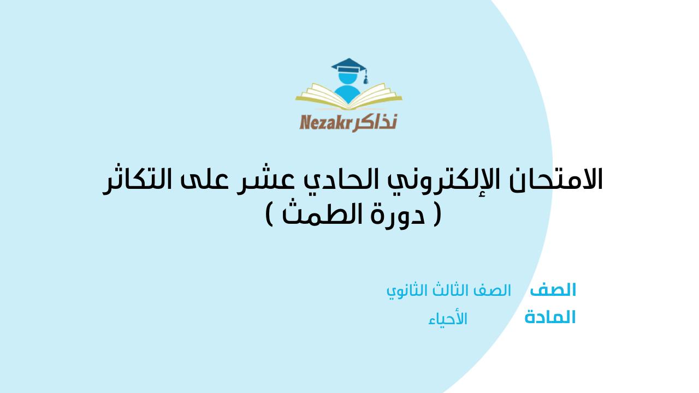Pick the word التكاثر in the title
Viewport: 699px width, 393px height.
tap(140, 180)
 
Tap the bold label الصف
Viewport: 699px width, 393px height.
tap(553, 290)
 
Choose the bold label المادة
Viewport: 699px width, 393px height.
tap(550, 317)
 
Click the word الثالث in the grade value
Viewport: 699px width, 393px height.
tap(456, 291)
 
